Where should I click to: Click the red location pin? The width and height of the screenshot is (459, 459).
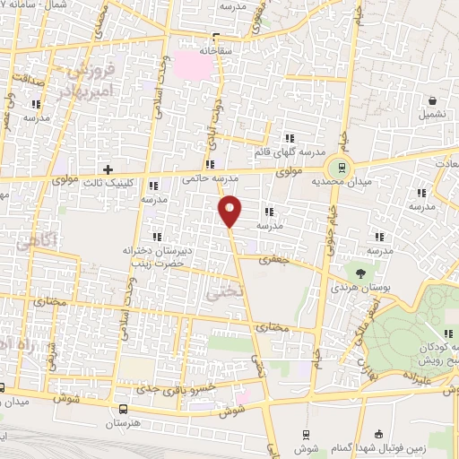coord(230,211)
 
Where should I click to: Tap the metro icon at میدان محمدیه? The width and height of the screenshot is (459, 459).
coord(341,166)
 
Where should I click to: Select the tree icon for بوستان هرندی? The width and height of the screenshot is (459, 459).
coord(360,271)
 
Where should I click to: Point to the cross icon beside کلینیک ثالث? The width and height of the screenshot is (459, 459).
coord(108,169)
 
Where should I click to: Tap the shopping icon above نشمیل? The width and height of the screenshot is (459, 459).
coord(433,100)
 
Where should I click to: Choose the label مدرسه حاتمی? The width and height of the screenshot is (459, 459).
coord(201,178)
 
